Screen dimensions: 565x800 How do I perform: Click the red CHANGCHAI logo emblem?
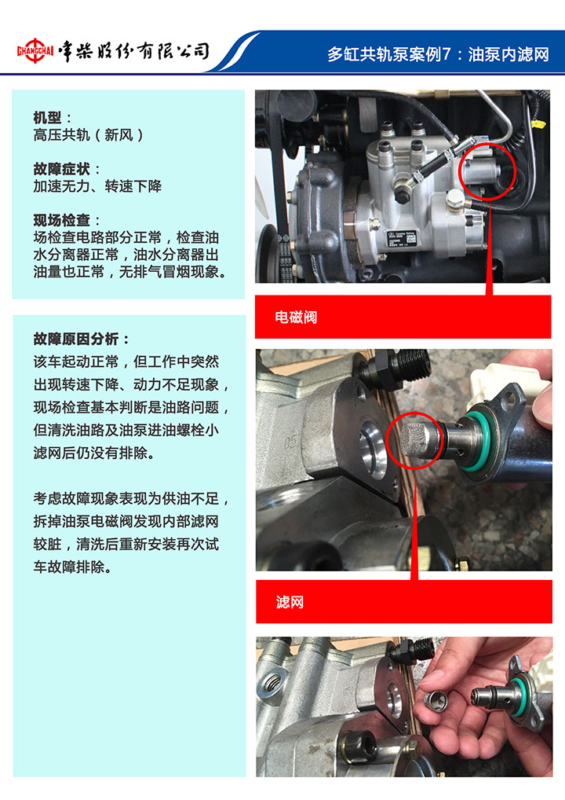pyautogui.click(x=35, y=51)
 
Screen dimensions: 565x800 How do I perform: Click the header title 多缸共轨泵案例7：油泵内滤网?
pyautogui.click(x=438, y=54)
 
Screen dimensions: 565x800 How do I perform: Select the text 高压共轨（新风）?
pyautogui.click(x=89, y=135)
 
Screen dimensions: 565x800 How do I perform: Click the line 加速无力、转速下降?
pyautogui.click(x=97, y=186)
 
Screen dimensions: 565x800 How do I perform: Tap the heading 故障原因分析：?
pyautogui.click(x=82, y=339)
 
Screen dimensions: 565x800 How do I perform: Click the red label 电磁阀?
pyautogui.click(x=296, y=317)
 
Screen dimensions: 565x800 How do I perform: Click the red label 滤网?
pyautogui.click(x=290, y=602)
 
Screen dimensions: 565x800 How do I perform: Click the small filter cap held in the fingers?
pyautogui.click(x=436, y=701)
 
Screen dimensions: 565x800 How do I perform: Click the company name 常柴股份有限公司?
pyautogui.click(x=133, y=51)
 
